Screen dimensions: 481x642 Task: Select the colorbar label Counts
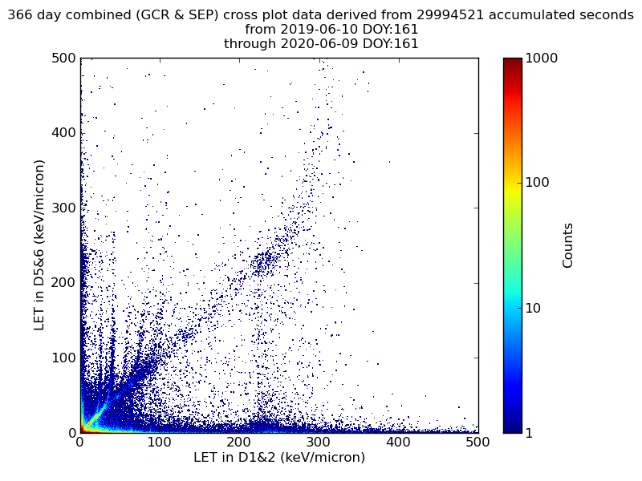tap(568, 245)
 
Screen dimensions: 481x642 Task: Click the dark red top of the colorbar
tap(512, 61)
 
